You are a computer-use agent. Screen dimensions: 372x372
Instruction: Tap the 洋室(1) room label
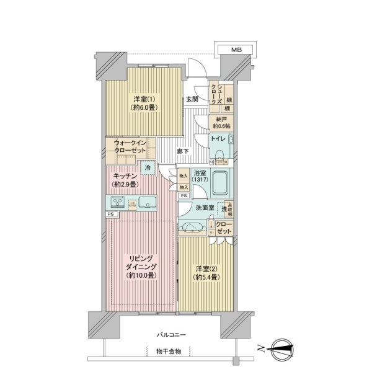[143, 102]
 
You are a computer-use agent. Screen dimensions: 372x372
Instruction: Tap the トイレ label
[218, 139]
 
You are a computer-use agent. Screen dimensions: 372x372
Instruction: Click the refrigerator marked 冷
[148, 167]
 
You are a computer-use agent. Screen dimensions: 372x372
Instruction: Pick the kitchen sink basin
[148, 203]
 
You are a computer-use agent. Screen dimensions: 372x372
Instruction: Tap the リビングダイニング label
[141, 265]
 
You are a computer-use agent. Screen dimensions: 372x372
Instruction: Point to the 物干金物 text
[168, 352]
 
